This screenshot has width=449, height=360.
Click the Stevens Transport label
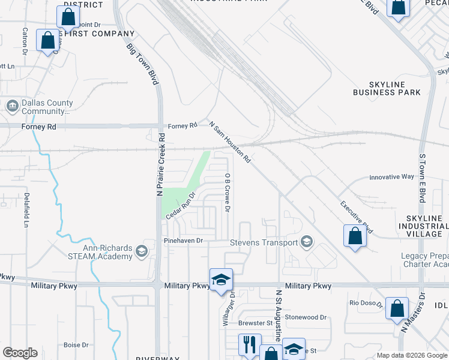pos(264,242)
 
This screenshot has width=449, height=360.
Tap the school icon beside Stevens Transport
pos(307,242)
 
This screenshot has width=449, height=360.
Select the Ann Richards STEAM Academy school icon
pos(141,250)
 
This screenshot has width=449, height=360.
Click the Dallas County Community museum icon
pos(12,106)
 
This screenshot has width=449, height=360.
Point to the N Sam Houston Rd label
pos(229,143)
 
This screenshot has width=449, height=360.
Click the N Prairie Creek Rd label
pos(160,169)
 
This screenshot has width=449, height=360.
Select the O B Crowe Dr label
pos(228,192)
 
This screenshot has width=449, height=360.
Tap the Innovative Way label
pos(391,177)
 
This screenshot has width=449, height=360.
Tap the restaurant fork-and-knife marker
pos(249,344)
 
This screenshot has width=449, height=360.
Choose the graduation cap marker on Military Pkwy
pos(220,280)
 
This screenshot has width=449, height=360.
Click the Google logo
pos(20,353)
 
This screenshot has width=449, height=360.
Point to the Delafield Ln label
pos(26,209)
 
